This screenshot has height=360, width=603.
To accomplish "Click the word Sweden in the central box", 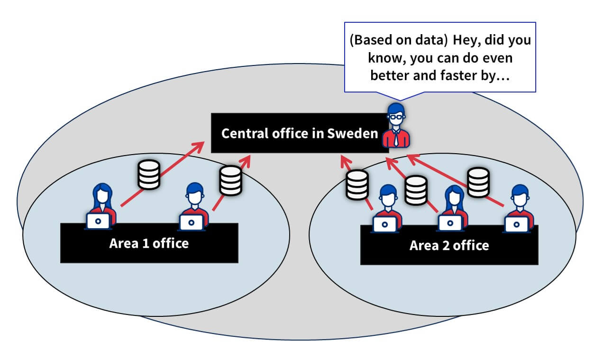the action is click(353, 134).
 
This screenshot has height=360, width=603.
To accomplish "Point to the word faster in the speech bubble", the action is click(458, 75).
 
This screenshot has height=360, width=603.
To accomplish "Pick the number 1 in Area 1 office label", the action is click(146, 244).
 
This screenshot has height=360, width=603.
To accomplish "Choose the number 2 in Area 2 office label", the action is click(446, 246).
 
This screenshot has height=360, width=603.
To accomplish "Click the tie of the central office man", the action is click(396, 138).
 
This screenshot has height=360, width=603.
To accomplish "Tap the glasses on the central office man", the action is click(396, 117).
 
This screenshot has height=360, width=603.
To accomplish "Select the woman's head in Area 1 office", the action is click(102, 194).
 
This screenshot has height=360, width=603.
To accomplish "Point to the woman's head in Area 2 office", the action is click(454, 196).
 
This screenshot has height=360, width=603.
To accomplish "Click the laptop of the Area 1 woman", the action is click(98, 222).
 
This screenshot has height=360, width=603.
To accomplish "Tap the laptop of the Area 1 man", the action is click(192, 222).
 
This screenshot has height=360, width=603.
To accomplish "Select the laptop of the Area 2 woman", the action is click(450, 223).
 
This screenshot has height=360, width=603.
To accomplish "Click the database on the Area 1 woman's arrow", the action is click(149, 175).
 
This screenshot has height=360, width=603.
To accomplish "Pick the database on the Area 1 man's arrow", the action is click(231, 180).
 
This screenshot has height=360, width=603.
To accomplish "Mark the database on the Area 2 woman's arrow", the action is click(416, 190).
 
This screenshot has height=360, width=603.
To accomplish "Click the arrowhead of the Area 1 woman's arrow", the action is click(199, 147).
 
